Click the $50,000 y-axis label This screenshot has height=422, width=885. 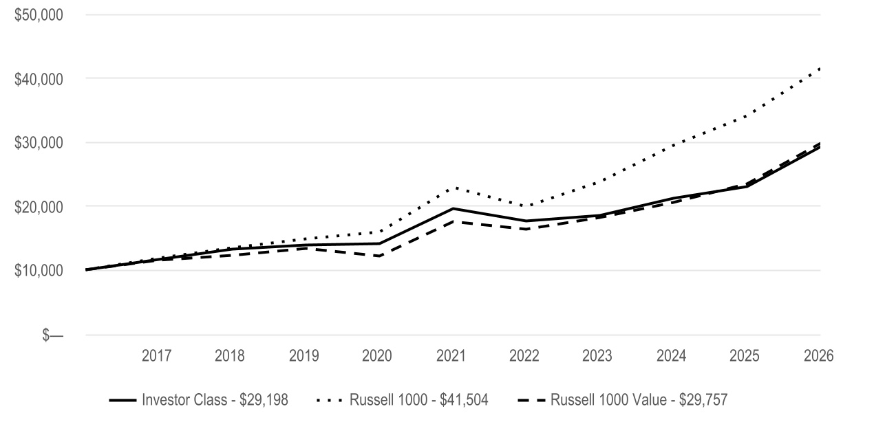click(39, 15)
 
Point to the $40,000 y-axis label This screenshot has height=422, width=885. click(39, 79)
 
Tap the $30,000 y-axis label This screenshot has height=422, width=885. click(39, 143)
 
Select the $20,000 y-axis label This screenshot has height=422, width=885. click(39, 207)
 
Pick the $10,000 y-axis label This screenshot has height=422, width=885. click(39, 270)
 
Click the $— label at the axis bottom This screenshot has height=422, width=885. click(52, 335)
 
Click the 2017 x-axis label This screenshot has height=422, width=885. click(156, 356)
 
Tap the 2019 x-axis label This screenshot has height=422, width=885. click(303, 356)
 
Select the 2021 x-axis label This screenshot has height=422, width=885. click(451, 356)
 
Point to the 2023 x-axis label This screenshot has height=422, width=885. click(597, 356)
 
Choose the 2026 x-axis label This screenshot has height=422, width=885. click(819, 356)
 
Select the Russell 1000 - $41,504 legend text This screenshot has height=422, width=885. click(419, 400)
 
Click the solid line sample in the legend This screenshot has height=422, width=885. click(123, 400)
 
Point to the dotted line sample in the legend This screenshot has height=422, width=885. click(329, 400)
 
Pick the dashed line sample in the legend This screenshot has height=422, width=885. click(531, 400)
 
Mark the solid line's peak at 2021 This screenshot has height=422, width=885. click(453, 208)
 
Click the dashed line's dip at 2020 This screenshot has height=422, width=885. click(379, 256)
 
